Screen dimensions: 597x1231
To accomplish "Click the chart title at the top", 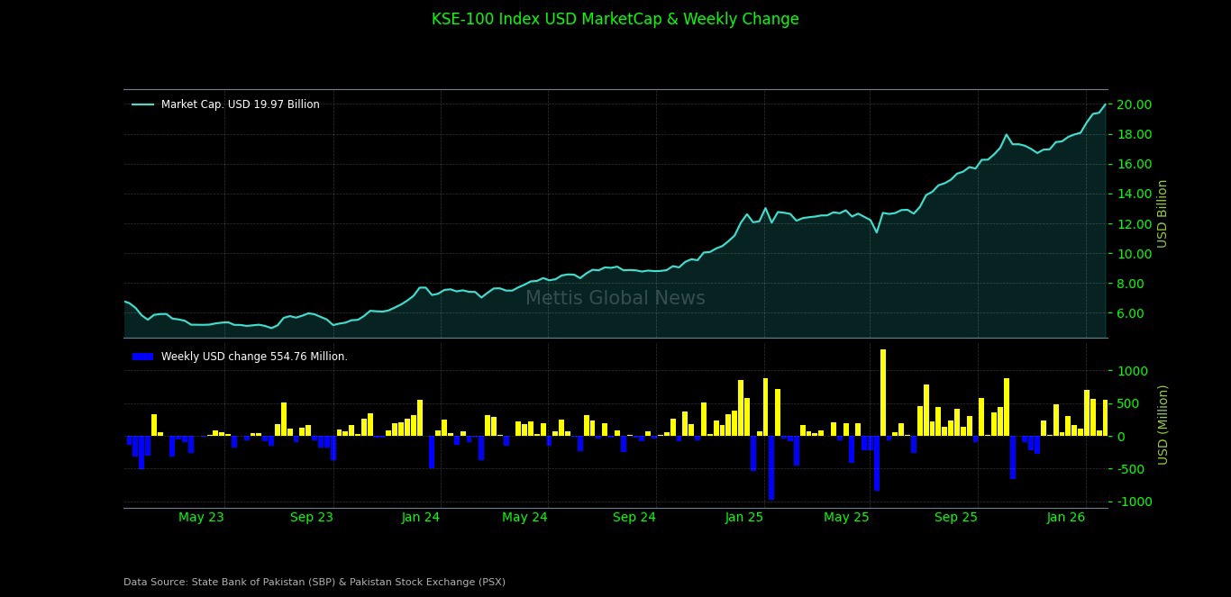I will [615, 19].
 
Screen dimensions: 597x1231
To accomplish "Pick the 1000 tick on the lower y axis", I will [1134, 371].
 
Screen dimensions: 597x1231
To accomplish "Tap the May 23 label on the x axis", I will [201, 517].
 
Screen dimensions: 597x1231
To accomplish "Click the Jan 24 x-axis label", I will [421, 517].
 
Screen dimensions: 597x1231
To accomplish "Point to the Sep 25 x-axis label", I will [956, 517].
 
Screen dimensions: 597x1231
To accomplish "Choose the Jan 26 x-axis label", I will [1066, 517].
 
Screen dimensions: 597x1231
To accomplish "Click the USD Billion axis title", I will [1163, 213].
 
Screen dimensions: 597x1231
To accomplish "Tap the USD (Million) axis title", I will [1163, 424].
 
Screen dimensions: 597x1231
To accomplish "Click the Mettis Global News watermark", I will [615, 298].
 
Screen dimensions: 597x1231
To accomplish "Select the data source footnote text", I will [315, 582].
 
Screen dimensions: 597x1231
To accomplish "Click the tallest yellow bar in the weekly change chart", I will [883, 393].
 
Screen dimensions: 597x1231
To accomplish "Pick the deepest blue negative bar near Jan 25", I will [771, 467].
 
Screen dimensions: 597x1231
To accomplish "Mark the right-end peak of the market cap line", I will [1105, 104].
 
